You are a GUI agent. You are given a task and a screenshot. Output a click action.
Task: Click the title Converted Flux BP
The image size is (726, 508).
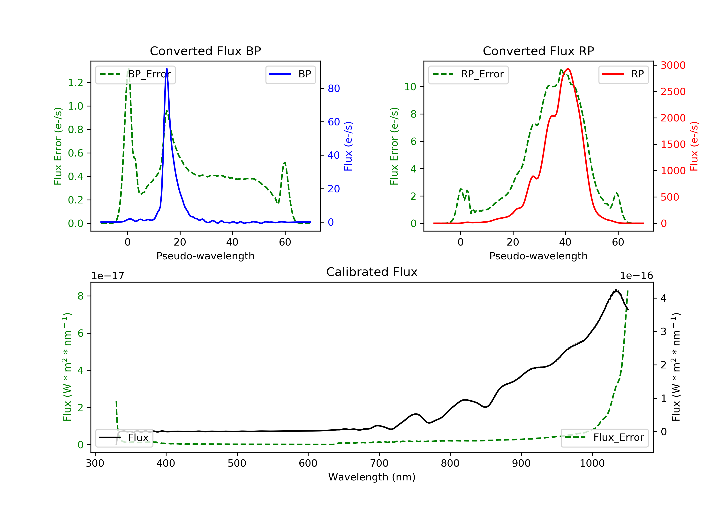[205, 51]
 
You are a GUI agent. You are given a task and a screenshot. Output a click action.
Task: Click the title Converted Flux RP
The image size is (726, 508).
[538, 51]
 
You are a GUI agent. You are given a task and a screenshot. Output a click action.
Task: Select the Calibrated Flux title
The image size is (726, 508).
[372, 272]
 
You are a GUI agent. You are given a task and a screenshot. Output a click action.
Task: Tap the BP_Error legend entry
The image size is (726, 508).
[135, 74]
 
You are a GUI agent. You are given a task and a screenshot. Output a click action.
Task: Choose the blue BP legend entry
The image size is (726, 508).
[290, 74]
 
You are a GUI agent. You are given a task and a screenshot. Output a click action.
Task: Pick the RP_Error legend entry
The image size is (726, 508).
[468, 74]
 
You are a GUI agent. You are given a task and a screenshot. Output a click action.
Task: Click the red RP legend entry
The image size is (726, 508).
[623, 74]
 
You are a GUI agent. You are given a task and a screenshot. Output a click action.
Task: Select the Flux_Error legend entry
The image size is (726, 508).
[605, 438]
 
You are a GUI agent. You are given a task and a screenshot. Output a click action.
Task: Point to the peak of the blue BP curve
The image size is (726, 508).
[167, 69]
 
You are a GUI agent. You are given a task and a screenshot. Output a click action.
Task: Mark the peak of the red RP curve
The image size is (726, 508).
[568, 69]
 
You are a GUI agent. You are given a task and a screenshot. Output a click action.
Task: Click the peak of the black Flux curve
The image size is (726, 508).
[616, 290]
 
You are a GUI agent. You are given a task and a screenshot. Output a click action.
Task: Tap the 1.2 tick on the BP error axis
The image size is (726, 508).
[76, 83]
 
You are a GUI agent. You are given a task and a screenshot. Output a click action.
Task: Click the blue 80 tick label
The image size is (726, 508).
[334, 89]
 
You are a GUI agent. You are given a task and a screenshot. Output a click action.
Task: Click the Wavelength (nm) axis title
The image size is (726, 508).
[372, 477]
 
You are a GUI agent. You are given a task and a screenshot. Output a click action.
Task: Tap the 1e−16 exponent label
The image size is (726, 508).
[636, 276]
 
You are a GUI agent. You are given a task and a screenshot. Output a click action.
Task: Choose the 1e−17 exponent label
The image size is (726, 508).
[108, 276]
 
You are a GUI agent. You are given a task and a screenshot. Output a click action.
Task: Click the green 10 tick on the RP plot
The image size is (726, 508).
[410, 87]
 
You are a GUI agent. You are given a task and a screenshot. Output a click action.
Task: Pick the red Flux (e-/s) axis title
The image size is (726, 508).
[694, 146]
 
